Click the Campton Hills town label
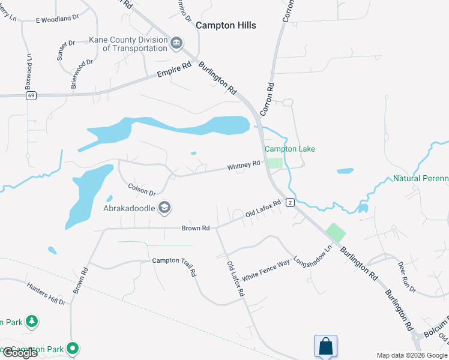[226, 25]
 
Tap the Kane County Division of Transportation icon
[176, 43]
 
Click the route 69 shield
[31, 95]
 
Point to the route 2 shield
[290, 203]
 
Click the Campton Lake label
[290, 149]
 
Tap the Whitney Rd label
[243, 164]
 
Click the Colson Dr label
[142, 189]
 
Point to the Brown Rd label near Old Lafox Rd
[196, 228]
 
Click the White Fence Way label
[266, 268]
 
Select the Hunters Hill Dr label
[46, 293]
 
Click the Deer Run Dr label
[406, 276]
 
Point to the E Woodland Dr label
[58, 19]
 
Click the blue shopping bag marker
[325, 346]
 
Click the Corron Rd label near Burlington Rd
[267, 99]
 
